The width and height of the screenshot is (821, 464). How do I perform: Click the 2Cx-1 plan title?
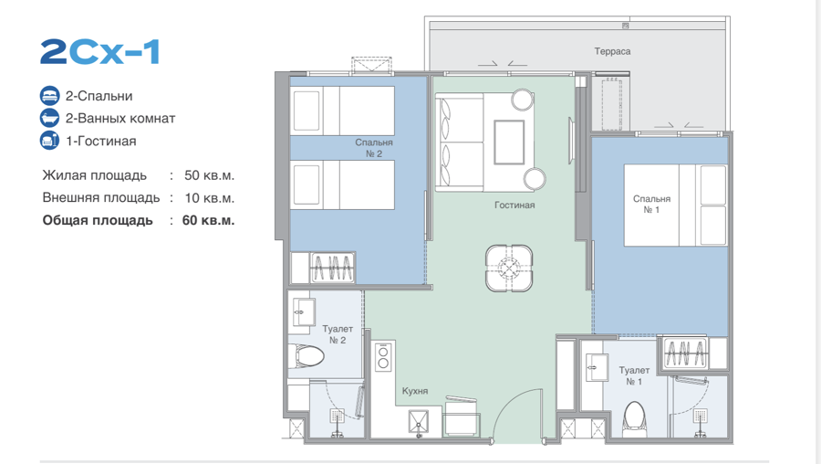click(99, 52)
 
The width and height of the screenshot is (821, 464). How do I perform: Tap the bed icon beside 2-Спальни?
click(50, 96)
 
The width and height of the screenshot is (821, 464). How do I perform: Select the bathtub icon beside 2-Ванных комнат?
click(50, 118)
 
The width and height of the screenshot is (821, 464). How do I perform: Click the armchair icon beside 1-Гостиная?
click(50, 141)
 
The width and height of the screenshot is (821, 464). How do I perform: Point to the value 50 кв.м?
click(209, 175)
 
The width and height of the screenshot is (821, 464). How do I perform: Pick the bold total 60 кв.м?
click(208, 220)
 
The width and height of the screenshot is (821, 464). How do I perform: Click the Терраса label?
click(612, 51)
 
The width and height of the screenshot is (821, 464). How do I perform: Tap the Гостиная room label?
click(514, 205)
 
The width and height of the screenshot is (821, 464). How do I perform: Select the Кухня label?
click(415, 391)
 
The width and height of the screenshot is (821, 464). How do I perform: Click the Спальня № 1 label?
click(651, 204)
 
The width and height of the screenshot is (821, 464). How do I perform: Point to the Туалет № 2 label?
click(338, 334)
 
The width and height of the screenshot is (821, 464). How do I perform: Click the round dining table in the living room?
click(509, 269)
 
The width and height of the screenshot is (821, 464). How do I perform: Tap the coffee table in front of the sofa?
click(509, 142)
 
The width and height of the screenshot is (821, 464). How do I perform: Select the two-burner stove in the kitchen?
click(383, 356)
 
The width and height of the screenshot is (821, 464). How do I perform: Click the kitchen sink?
click(419, 422)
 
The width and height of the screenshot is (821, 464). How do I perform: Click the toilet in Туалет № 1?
click(635, 419)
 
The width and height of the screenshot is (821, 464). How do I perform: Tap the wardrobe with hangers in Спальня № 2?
click(332, 268)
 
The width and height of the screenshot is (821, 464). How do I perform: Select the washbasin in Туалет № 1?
click(597, 367)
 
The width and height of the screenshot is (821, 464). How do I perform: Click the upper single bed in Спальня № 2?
click(342, 111)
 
